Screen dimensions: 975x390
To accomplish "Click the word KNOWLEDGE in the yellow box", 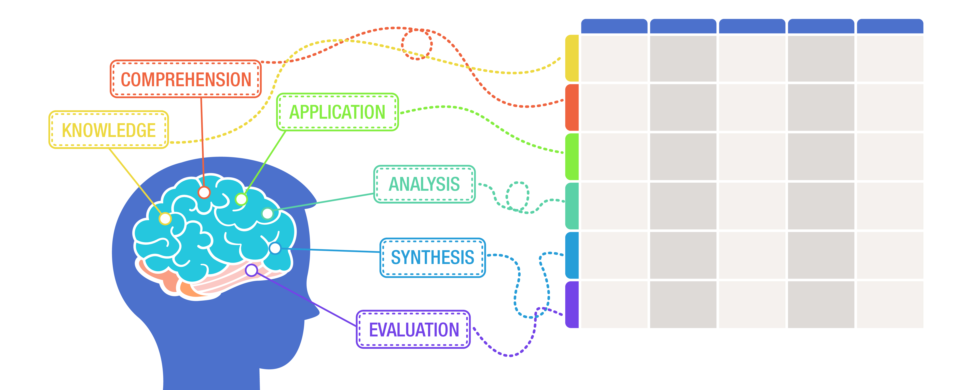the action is [x=109, y=130].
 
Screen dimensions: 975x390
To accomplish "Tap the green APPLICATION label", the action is [x=337, y=112].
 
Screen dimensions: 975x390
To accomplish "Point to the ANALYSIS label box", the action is [x=424, y=184].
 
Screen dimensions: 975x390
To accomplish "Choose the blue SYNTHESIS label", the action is [x=433, y=258].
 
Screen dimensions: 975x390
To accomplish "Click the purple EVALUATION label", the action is [x=413, y=330].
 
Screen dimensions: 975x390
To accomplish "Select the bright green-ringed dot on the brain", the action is [x=241, y=199].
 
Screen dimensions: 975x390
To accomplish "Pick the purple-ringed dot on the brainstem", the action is [x=252, y=270].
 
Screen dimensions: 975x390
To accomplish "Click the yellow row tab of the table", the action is [x=572, y=58].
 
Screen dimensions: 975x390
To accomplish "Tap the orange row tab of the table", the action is [x=572, y=107].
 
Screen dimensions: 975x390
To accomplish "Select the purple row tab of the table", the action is [x=572, y=305].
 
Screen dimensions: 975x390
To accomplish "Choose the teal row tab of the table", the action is [x=572, y=206].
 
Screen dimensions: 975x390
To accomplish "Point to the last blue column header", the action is [x=890, y=26].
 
